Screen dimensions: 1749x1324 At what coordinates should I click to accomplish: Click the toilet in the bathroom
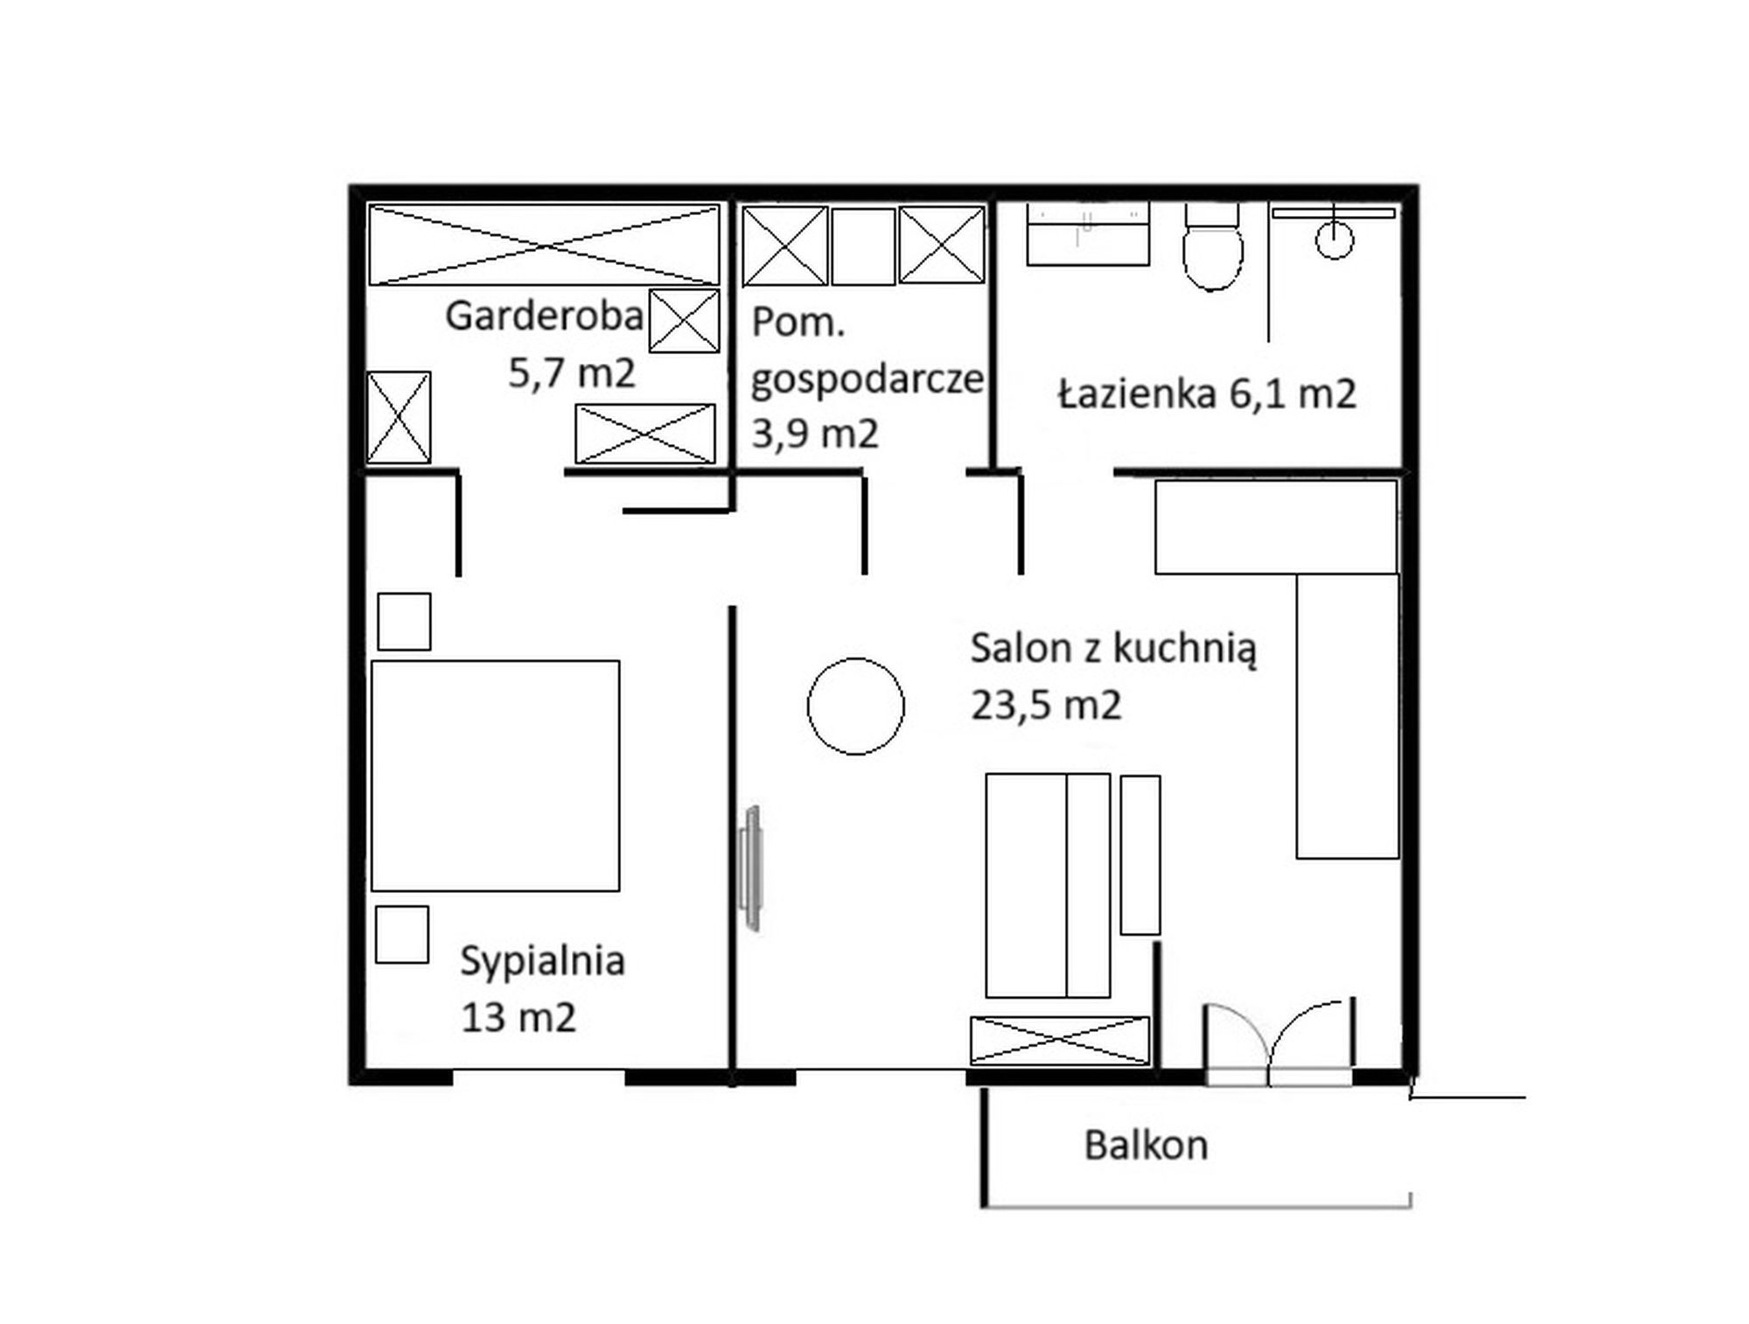(1212, 247)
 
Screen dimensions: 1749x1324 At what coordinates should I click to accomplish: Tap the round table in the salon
(855, 706)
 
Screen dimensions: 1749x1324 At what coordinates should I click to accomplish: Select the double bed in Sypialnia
(495, 776)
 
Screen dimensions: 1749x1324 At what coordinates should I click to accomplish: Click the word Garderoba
(544, 316)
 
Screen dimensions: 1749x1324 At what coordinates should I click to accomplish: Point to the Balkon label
(1146, 1145)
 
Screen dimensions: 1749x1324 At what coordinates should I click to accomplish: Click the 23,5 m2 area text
(1046, 705)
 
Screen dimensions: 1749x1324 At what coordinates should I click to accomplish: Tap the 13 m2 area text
(519, 1018)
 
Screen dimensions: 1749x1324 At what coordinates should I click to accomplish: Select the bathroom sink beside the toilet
(1087, 234)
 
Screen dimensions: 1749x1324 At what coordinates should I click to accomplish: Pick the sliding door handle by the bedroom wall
(750, 868)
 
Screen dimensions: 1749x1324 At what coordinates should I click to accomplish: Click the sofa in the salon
(1048, 885)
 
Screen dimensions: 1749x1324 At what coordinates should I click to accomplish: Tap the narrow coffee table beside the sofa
(1140, 854)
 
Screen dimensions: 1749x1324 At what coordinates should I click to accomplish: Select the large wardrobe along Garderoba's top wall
(544, 245)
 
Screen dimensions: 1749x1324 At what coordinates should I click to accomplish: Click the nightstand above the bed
(404, 622)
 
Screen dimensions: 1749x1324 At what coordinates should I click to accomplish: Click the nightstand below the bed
(402, 935)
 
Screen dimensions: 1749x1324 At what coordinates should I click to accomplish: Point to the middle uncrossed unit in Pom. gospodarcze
(863, 246)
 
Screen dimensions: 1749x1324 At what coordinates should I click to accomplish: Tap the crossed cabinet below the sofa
(1060, 1041)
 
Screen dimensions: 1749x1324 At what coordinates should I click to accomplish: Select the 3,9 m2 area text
(815, 433)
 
